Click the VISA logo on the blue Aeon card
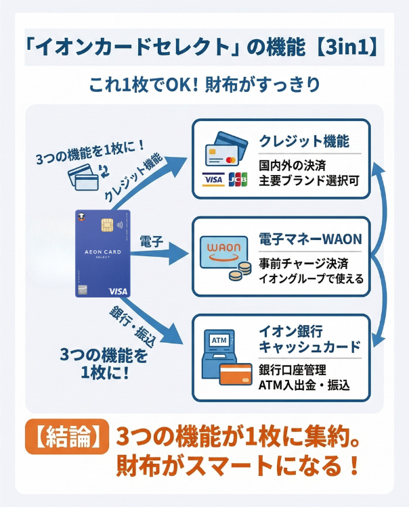click(118, 291)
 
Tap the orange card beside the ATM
click(235, 375)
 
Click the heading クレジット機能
click(304, 141)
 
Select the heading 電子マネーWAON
click(310, 239)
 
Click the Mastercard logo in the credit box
click(231, 161)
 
